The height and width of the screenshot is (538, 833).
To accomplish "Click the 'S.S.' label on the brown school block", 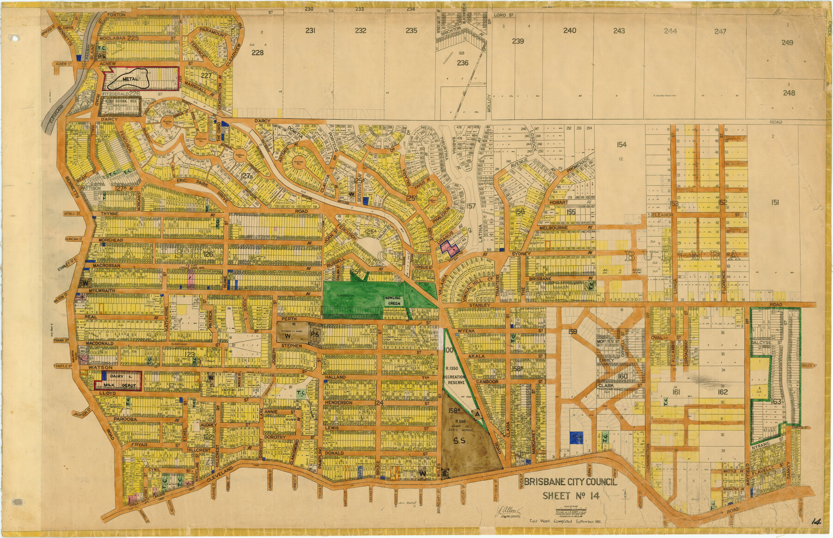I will tap(462, 441).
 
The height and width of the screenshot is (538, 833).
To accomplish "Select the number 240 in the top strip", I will tap(570, 31).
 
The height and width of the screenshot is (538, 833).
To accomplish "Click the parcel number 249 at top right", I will tap(787, 43).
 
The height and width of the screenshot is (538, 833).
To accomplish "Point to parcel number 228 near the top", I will tap(257, 52).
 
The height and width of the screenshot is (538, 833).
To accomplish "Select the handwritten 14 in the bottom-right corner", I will tap(815, 522).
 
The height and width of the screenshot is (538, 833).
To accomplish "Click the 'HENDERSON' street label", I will tap(338, 403).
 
